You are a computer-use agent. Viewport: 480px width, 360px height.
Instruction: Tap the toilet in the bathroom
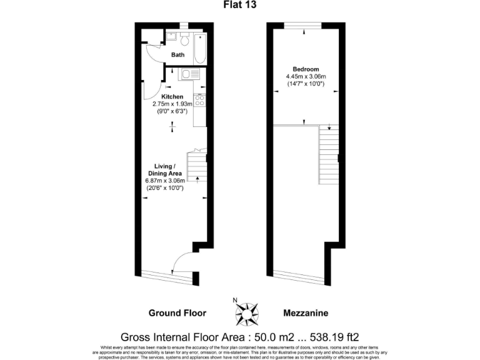184,41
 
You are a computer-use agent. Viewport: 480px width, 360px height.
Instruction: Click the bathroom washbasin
170,37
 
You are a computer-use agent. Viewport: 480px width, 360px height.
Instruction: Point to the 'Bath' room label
178,55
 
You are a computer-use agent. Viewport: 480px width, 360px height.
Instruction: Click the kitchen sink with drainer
187,76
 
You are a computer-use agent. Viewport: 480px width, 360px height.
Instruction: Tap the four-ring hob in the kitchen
201,100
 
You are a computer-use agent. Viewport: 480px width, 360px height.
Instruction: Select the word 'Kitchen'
172,97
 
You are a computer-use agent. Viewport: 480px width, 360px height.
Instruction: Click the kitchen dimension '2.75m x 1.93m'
172,104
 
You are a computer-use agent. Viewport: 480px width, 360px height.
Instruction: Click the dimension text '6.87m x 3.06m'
165,181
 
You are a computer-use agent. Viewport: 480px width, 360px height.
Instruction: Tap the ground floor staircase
197,167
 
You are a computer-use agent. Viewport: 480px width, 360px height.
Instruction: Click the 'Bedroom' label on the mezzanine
306,69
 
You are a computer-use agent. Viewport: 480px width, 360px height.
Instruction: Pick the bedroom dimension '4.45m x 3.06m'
306,76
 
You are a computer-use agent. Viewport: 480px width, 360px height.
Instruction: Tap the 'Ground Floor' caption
177,312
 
